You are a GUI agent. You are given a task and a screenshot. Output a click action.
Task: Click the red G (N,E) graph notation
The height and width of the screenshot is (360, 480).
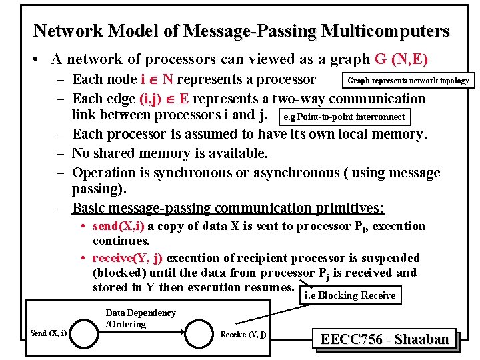pyautogui.click(x=401, y=59)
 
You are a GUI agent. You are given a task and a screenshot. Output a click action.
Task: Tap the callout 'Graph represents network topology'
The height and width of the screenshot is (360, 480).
pyautogui.click(x=408, y=81)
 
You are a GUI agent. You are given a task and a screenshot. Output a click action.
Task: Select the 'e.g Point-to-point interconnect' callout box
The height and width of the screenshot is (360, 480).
pyautogui.click(x=344, y=117)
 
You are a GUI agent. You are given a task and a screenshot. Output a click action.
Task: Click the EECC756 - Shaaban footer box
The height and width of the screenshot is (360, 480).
pyautogui.click(x=384, y=339)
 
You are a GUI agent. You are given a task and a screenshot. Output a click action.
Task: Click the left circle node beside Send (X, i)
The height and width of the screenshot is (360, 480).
pyautogui.click(x=87, y=332)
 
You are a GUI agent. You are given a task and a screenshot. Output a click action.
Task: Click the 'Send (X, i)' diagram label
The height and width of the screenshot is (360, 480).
pyautogui.click(x=49, y=333)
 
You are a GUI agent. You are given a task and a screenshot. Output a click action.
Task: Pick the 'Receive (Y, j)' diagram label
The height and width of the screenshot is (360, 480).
pyautogui.click(x=243, y=334)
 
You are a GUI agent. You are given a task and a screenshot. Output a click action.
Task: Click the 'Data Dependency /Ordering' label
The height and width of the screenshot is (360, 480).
pyautogui.click(x=141, y=318)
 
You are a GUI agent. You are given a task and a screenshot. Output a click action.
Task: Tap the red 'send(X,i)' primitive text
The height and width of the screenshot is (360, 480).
pyautogui.click(x=118, y=226)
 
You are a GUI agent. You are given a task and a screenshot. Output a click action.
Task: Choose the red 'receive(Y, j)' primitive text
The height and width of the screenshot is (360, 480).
pyautogui.click(x=128, y=257)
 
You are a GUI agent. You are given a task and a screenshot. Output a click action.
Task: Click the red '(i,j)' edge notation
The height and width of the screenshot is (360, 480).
pyautogui.click(x=154, y=99)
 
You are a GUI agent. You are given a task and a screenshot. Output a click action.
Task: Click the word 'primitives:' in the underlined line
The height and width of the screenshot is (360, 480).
pyautogui.click(x=349, y=207)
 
